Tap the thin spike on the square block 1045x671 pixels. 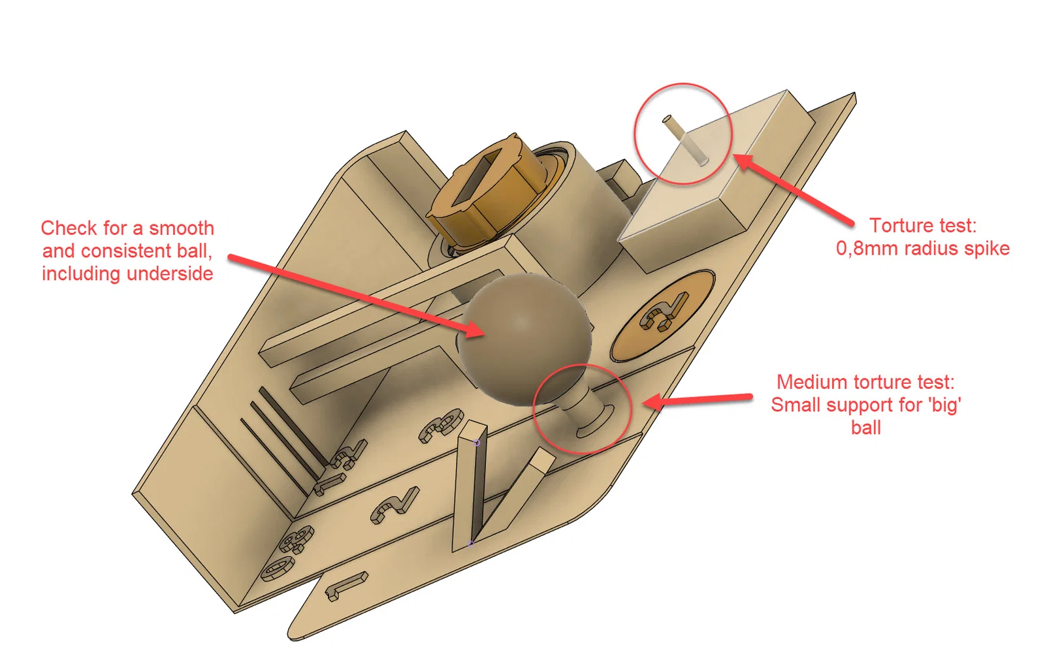point(685,140)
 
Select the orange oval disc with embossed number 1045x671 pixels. point(662,315)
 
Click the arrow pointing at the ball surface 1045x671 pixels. point(357,295)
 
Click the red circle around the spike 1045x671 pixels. point(683,84)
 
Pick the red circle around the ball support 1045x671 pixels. point(582,365)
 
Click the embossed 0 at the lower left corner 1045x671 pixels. point(278,569)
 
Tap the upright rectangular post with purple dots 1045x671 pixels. point(470,485)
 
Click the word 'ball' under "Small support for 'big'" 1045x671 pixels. point(866,428)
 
